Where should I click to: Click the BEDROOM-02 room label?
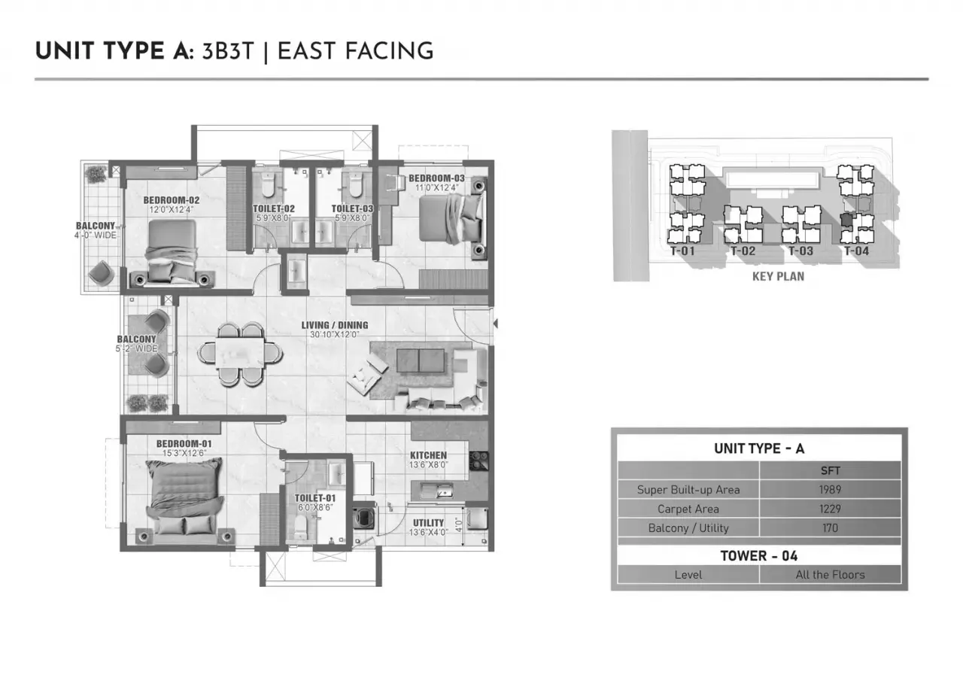pyautogui.click(x=171, y=200)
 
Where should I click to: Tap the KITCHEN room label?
pyautogui.click(x=428, y=455)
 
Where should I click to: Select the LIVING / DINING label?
pyautogui.click(x=335, y=326)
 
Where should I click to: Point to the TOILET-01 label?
pyautogui.click(x=315, y=498)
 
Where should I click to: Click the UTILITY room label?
pyautogui.click(x=428, y=523)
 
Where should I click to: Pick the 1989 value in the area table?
pyautogui.click(x=830, y=490)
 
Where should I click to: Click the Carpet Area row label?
pyautogui.click(x=688, y=509)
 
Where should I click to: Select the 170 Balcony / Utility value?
pyautogui.click(x=830, y=528)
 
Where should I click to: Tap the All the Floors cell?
pyautogui.click(x=830, y=575)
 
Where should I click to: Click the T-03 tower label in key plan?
pyautogui.click(x=800, y=251)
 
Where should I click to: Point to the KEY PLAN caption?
pyautogui.click(x=778, y=276)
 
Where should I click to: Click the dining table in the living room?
pyautogui.click(x=240, y=352)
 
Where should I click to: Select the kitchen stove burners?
pyautogui.click(x=478, y=461)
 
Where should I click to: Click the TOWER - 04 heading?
pyautogui.click(x=759, y=556)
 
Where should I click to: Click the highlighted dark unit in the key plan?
pyautogui.click(x=846, y=220)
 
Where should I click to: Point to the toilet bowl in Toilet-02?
pyautogui.click(x=268, y=184)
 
